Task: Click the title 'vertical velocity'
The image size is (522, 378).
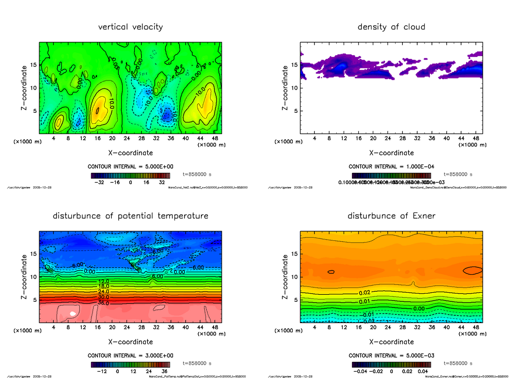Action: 130,27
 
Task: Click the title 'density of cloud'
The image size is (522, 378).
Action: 391,27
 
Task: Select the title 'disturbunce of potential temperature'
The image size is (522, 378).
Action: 130,216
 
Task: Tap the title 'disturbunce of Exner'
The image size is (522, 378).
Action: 391,216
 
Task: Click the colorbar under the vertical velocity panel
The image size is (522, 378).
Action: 130,176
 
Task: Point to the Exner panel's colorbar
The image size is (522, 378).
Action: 391,364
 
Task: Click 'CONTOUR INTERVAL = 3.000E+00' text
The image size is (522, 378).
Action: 131,355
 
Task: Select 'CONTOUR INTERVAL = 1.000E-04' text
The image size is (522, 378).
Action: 391,167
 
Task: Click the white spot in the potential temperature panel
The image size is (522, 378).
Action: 73,314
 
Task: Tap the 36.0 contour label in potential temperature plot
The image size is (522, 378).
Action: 103,303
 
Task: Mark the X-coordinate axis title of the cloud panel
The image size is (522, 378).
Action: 391,153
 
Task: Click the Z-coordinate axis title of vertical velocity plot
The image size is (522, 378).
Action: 26,88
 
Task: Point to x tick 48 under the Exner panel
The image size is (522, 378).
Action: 475,327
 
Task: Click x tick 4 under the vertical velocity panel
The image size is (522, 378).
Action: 54,138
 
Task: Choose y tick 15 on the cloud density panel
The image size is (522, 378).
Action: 294,65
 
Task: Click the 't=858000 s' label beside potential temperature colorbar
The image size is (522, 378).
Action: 197,363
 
